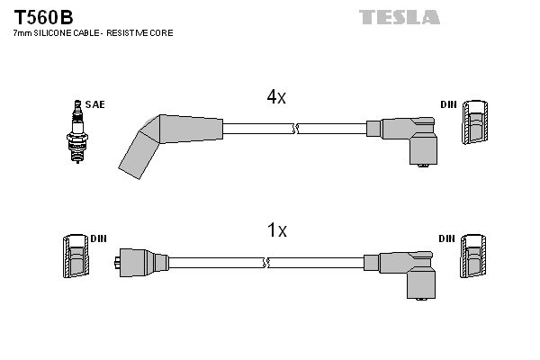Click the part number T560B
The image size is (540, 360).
[x=43, y=17]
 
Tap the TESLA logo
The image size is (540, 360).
[x=399, y=17]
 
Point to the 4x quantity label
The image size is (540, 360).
[x=276, y=97]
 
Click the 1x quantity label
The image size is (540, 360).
[x=277, y=229]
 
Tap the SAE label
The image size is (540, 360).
[x=95, y=104]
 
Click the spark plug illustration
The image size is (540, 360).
[x=77, y=131]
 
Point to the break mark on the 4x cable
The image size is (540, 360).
[x=295, y=129]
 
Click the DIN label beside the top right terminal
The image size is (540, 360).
[x=448, y=104]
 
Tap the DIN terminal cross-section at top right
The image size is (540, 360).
[x=474, y=122]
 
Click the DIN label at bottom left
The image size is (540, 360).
[x=98, y=238]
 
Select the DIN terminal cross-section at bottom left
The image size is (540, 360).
[x=76, y=256]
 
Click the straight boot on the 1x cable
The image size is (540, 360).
[x=141, y=263]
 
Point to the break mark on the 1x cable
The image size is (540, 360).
[x=265, y=263]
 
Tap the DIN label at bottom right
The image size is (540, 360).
[x=447, y=238]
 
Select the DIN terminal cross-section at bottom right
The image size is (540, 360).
[x=473, y=256]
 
